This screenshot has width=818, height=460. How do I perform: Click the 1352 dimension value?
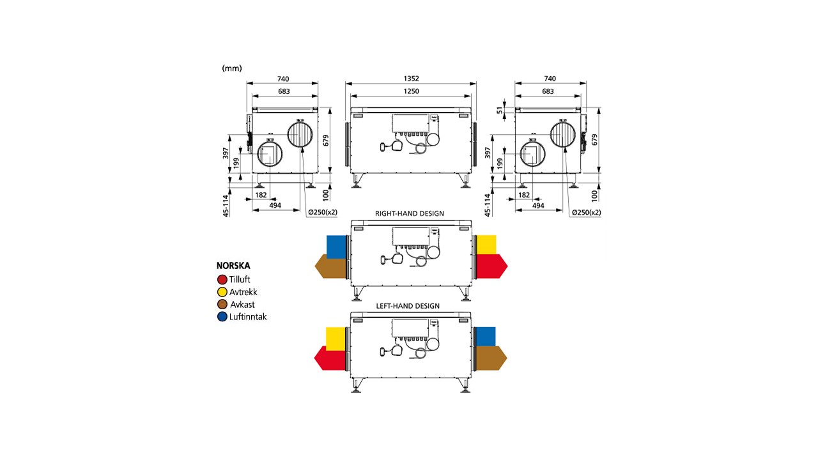click(x=411, y=79)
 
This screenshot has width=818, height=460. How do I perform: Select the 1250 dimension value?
click(x=411, y=91)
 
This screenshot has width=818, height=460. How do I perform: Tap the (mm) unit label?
click(x=232, y=68)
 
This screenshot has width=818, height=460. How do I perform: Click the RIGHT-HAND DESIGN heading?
click(x=410, y=213)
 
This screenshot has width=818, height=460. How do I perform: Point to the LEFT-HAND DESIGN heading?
click(x=409, y=306)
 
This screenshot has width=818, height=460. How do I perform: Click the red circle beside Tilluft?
click(x=222, y=279)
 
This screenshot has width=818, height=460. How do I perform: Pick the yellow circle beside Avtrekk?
click(x=222, y=292)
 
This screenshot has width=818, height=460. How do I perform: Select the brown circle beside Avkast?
click(x=222, y=304)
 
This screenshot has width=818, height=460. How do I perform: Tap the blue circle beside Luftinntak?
click(x=222, y=317)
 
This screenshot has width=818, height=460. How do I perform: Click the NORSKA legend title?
click(x=233, y=266)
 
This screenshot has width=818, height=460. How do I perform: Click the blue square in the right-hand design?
click(x=336, y=246)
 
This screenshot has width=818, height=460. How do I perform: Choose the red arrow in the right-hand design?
click(x=491, y=266)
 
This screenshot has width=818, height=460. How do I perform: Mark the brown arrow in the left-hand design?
click(x=491, y=358)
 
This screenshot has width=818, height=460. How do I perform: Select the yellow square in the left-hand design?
click(x=336, y=338)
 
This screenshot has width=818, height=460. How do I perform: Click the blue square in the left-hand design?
click(x=486, y=336)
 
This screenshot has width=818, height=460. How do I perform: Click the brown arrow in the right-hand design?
click(x=331, y=266)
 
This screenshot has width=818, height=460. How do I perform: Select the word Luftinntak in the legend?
click(x=248, y=317)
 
